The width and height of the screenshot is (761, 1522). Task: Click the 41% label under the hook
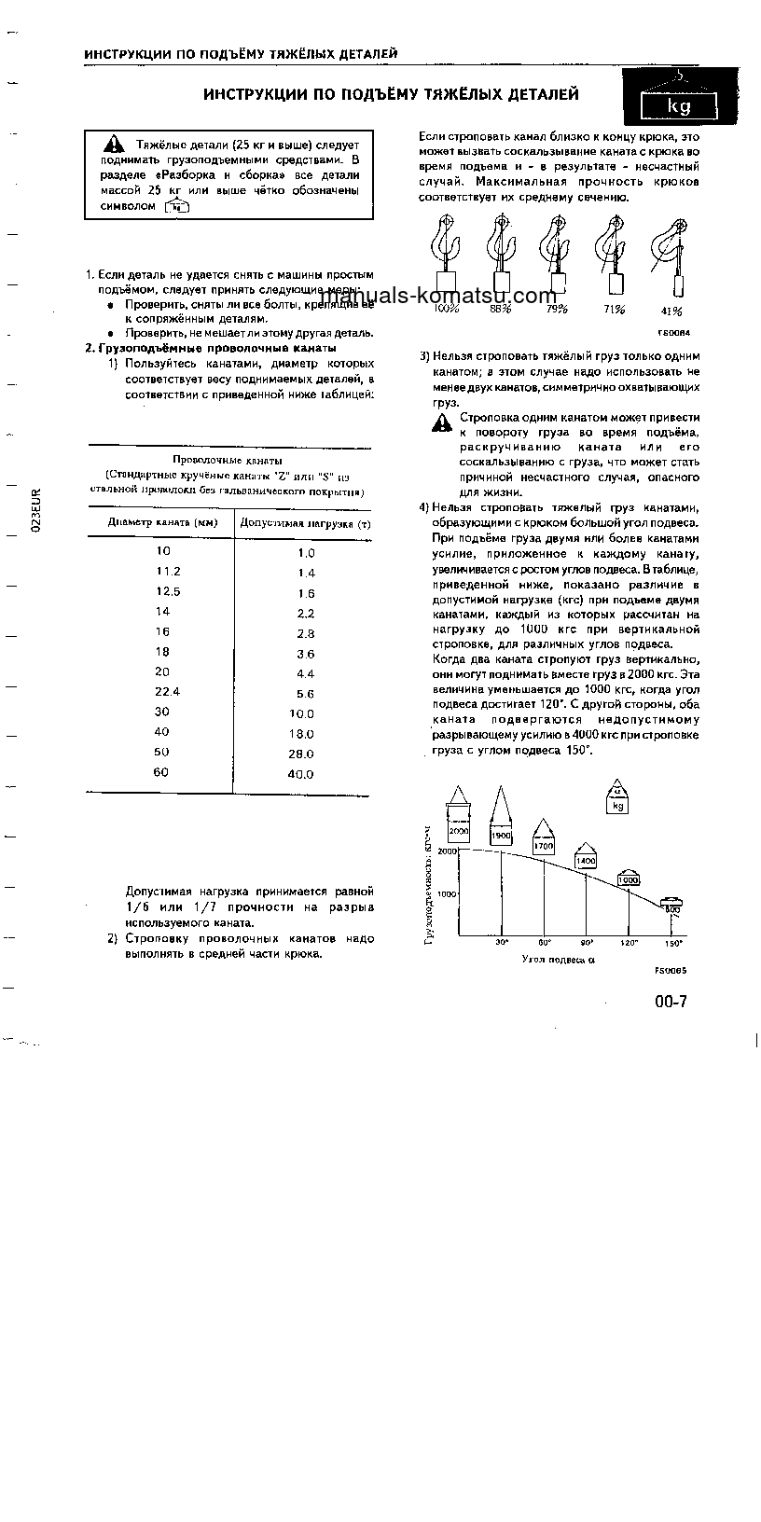click(671, 311)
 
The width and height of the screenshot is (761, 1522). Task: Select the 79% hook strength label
click(558, 310)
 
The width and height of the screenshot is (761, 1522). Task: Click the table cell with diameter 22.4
click(169, 693)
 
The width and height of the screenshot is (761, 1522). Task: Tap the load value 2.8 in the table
click(306, 633)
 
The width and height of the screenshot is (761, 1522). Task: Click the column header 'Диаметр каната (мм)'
click(162, 523)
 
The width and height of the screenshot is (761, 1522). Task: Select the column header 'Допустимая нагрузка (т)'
click(304, 523)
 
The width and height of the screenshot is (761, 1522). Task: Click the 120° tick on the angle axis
click(629, 943)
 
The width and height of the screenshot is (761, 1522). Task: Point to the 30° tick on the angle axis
click(502, 943)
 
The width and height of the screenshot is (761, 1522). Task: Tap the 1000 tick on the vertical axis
click(448, 893)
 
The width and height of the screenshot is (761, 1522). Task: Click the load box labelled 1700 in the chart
click(543, 847)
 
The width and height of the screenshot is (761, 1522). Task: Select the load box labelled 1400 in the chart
click(586, 861)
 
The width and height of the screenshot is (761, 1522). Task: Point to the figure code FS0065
click(671, 970)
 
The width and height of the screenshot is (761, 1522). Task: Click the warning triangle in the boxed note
click(113, 145)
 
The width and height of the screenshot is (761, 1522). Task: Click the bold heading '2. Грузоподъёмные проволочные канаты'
click(210, 348)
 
